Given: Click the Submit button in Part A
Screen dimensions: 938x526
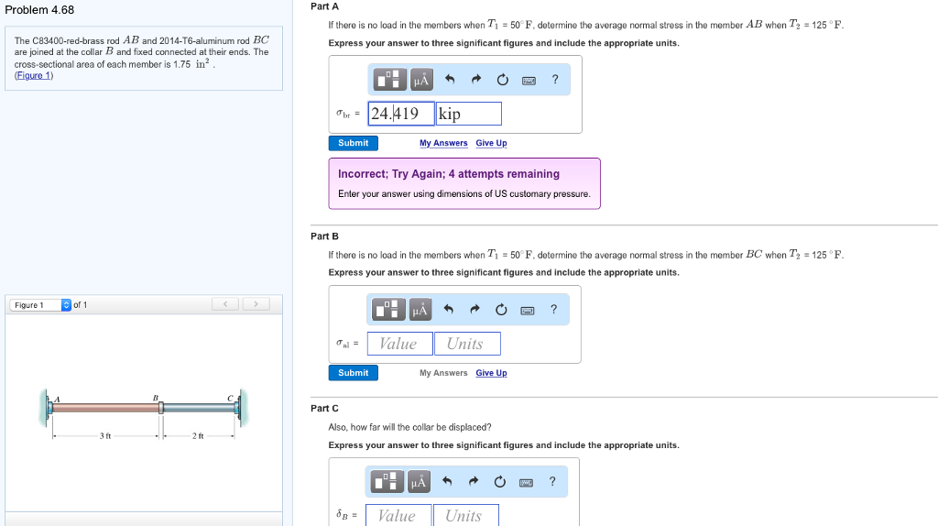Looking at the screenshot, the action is (x=353, y=143).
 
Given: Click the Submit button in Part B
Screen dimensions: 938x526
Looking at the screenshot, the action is (x=353, y=373).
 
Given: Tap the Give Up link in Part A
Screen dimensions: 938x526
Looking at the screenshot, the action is (x=491, y=143).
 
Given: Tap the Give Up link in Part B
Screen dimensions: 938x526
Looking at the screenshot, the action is (x=491, y=373).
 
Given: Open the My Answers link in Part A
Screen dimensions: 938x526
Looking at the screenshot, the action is (x=443, y=143).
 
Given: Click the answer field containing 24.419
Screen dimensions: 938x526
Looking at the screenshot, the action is (x=401, y=114).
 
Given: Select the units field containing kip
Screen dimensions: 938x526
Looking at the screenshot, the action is (x=468, y=114).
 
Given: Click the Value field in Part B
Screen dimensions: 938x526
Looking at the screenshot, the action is (x=399, y=344).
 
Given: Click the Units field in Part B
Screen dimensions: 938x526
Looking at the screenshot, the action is (x=467, y=344).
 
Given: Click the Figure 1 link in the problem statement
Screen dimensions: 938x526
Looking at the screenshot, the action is (x=34, y=75).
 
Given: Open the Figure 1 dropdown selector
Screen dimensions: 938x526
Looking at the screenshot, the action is (x=40, y=305).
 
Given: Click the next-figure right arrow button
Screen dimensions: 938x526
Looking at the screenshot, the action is (x=256, y=304).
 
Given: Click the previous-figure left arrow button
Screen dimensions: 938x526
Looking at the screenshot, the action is (x=225, y=304).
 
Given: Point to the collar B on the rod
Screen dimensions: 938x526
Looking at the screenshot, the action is (x=161, y=408).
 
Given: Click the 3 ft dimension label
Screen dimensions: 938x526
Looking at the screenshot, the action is (x=105, y=435).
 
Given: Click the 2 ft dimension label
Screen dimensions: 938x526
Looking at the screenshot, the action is (x=198, y=435).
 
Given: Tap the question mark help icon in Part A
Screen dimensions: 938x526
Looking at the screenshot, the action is (x=555, y=79).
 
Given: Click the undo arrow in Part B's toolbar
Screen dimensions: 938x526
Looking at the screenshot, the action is (x=448, y=310).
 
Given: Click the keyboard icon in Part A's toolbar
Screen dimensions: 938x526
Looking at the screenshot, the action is (x=529, y=81).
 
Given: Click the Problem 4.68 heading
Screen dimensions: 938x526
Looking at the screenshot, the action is (x=39, y=10).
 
